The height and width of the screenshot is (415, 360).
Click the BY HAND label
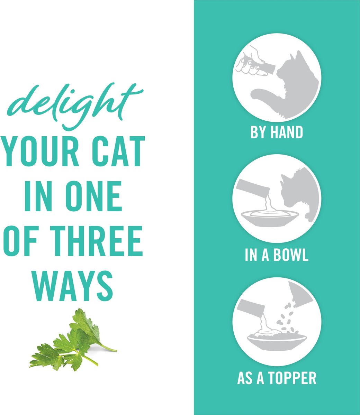pyautogui.click(x=277, y=132)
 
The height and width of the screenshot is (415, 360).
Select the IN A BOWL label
pyautogui.click(x=277, y=255)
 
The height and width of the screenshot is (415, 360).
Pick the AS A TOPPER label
pyautogui.click(x=277, y=378)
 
